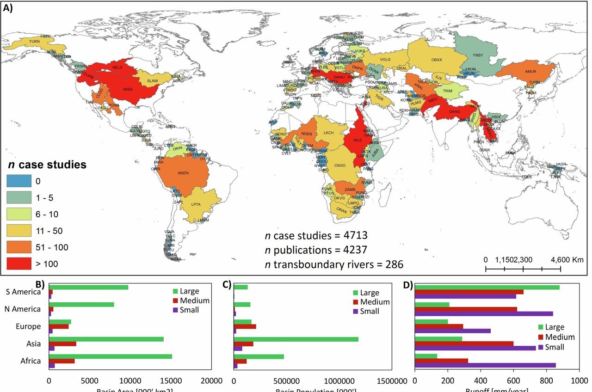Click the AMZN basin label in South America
pos(183,172)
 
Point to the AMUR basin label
pos(530,72)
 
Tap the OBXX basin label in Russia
pos(437,60)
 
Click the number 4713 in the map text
pos(352,236)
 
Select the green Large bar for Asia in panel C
pos(296,339)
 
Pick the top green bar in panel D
pos(487,287)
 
